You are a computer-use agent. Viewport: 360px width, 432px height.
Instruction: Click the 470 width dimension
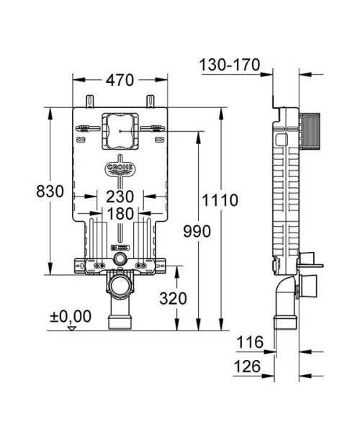coord(120,81)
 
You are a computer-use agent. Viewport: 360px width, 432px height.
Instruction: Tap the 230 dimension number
coord(120,196)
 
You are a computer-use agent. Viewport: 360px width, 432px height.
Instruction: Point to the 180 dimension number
coord(120,214)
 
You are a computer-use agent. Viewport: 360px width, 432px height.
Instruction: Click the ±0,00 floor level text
coord(70,315)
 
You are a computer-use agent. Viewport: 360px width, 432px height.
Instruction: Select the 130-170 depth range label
coord(230,66)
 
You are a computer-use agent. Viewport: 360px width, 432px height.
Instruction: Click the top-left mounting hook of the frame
coord(89,99)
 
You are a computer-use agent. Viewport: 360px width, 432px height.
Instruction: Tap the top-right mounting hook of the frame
coord(150,99)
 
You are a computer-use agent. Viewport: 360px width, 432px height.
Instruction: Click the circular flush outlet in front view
coord(120,257)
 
